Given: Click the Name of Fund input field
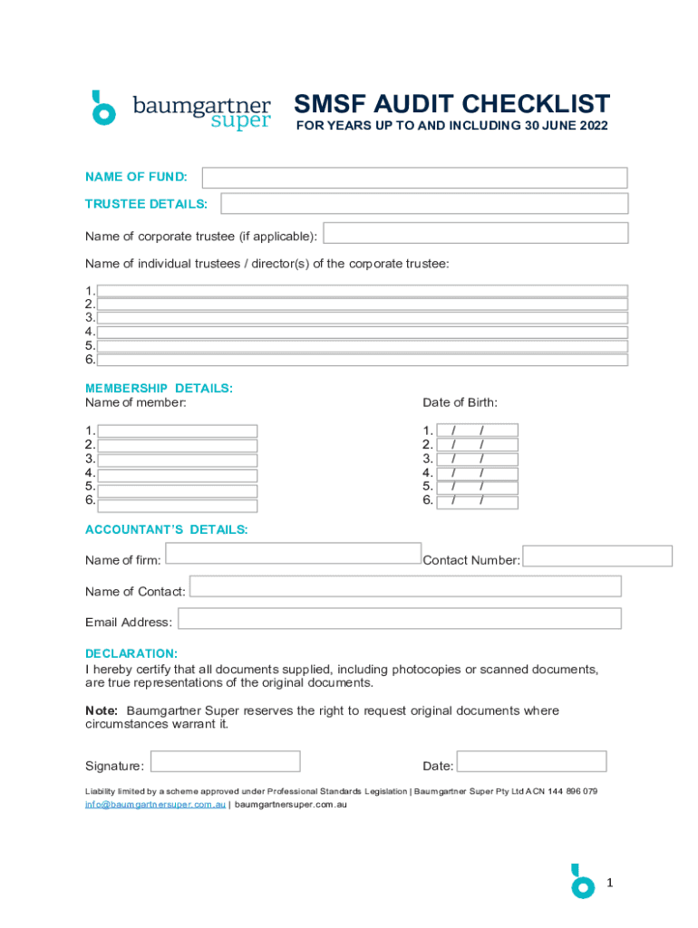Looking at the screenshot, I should (x=414, y=178).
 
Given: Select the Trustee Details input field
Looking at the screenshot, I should (x=424, y=203).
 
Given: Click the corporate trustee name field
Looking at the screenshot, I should (x=476, y=233).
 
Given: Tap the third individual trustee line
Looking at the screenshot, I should (x=363, y=318).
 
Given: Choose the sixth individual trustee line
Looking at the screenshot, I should (x=363, y=360).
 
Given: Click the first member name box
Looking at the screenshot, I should (x=178, y=431).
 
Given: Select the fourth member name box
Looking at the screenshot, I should (x=178, y=475).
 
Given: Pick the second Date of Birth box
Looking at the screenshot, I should (x=477, y=445).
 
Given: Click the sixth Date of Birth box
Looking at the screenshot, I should (x=477, y=501).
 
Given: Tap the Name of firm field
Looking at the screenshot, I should (x=293, y=553).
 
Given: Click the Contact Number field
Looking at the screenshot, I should (x=597, y=556).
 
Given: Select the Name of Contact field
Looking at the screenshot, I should (x=405, y=586).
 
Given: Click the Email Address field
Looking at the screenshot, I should (x=400, y=618).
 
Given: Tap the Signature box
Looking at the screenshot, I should (x=225, y=761).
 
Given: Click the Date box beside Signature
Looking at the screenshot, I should (x=530, y=761).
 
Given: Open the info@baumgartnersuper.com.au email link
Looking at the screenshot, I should (x=155, y=805).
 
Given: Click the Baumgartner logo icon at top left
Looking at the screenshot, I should (x=104, y=108).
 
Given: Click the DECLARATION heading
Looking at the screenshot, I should (x=131, y=653).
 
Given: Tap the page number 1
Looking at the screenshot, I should (x=610, y=882).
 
